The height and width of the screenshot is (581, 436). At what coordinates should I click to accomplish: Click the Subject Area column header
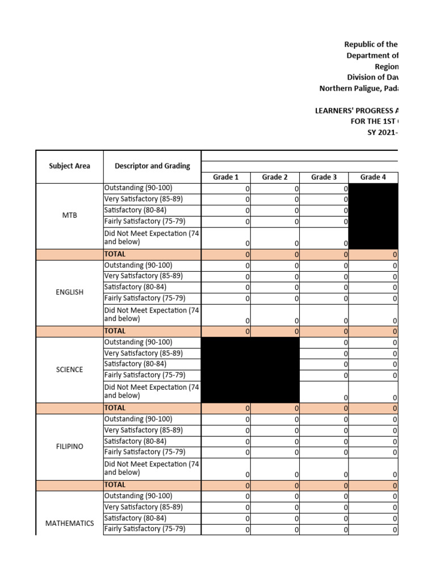(70, 166)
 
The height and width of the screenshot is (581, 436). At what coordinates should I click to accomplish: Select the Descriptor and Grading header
(152, 166)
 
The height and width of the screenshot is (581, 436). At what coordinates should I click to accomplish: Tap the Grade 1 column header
(225, 177)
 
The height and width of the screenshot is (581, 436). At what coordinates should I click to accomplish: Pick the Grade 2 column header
(275, 177)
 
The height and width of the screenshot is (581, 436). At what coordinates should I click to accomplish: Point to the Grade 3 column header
(324, 177)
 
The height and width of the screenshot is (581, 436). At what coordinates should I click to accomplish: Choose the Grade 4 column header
(373, 177)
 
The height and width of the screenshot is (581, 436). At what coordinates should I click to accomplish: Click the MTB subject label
(69, 216)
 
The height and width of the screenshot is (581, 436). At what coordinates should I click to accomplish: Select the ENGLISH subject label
(69, 292)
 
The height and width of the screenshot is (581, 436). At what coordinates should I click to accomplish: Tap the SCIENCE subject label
(69, 369)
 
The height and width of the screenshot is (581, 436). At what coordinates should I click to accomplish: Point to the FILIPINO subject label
(69, 447)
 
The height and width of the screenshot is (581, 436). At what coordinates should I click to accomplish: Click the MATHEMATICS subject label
(69, 523)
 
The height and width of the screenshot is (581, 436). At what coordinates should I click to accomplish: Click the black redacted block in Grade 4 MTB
(374, 216)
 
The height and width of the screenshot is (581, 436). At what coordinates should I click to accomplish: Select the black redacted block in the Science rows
(250, 369)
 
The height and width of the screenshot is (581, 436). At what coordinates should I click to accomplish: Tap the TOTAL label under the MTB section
(115, 254)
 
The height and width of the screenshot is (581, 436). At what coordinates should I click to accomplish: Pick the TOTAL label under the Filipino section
(115, 485)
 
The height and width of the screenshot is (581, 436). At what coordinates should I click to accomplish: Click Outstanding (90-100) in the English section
(138, 265)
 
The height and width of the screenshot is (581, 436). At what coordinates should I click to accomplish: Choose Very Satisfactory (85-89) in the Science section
(142, 353)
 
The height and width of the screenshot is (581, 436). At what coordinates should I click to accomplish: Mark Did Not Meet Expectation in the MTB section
(151, 237)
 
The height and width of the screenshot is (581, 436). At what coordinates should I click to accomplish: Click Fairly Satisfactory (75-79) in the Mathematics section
(145, 529)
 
